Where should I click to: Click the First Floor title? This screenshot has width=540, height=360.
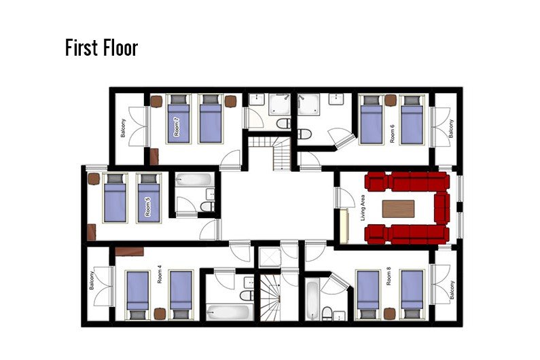tap(102, 48)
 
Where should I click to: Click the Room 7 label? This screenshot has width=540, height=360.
tap(177, 127)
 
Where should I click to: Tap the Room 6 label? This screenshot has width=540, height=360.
tap(392, 134)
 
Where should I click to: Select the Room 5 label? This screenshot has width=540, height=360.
tap(148, 207)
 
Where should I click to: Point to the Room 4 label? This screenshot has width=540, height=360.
tap(159, 274)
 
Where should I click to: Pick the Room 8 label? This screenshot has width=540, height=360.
tap(389, 278)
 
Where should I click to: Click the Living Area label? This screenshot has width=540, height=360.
tap(362, 208)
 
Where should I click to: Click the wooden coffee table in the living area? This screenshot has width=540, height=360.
tap(399, 209)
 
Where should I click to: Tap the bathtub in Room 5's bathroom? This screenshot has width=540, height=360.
tap(194, 180)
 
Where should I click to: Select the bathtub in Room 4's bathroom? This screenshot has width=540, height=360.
tap(228, 312)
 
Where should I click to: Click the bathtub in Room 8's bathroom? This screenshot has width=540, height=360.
tap(312, 300)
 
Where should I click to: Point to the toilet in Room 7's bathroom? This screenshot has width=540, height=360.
tap(284, 124)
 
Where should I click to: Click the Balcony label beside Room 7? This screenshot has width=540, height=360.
tap(123, 128)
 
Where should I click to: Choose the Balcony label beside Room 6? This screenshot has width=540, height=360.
tap(451, 128)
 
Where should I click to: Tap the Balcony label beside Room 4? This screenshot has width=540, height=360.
tap(91, 281)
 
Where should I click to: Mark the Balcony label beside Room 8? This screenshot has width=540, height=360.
tap(452, 290)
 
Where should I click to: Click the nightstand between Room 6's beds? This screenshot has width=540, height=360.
tap(391, 101)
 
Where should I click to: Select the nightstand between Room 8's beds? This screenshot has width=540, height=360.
tap(389, 314)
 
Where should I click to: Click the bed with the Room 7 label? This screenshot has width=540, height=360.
tap(179, 119)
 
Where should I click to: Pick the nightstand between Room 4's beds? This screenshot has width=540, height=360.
tap(160, 314)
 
